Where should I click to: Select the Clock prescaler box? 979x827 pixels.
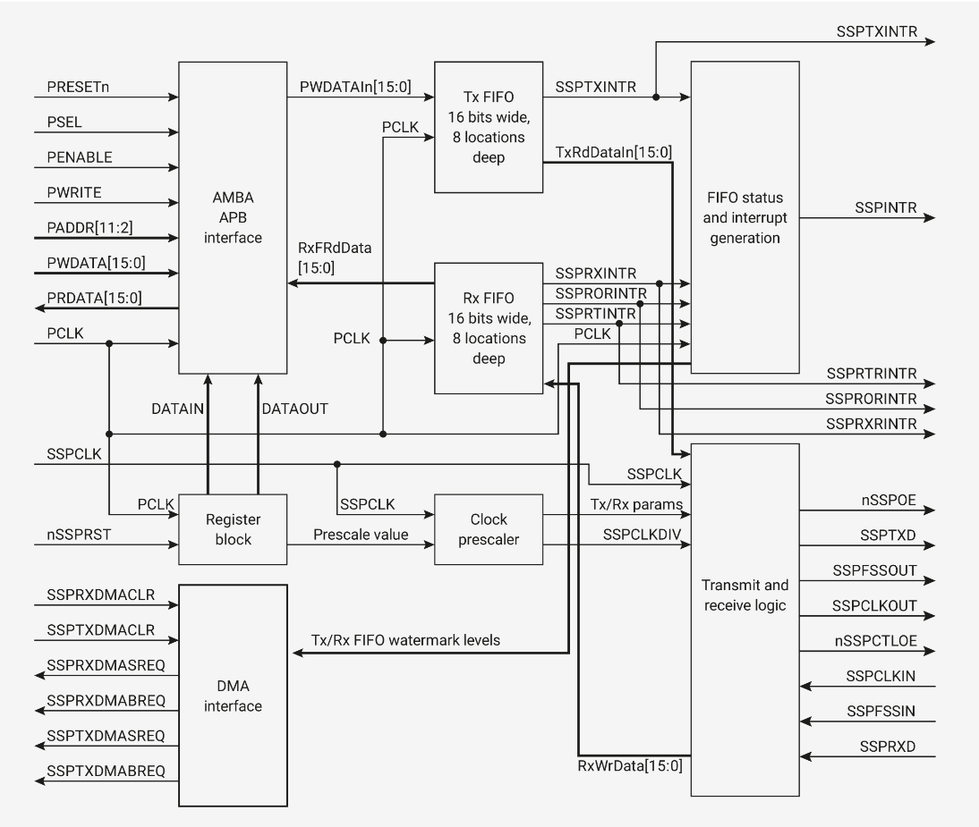click(x=488, y=528)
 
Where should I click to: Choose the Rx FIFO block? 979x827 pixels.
click(x=488, y=327)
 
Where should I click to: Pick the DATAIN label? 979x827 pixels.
click(x=181, y=408)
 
